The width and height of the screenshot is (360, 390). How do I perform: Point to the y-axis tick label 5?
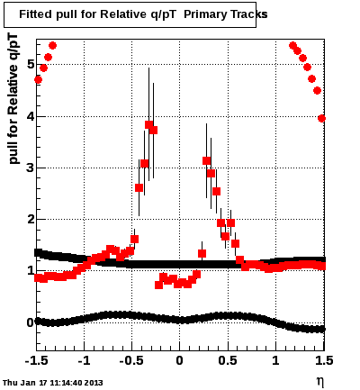(x=30, y=65)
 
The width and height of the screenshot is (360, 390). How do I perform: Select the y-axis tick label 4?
(x=30, y=116)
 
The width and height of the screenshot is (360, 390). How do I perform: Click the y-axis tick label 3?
(x=30, y=168)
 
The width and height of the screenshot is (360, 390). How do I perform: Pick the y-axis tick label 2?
(x=30, y=220)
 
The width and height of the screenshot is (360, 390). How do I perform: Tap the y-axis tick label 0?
(x=30, y=322)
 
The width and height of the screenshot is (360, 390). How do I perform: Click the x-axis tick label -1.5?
(x=36, y=360)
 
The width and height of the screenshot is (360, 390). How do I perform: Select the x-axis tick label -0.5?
(x=131, y=360)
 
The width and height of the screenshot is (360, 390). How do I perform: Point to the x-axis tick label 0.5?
(x=228, y=360)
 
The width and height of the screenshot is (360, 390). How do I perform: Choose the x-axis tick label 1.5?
(x=324, y=360)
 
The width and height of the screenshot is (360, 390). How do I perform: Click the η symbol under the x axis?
(x=319, y=382)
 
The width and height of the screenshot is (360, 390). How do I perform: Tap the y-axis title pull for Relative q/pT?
(x=13, y=99)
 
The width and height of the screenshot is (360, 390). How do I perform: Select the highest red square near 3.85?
(x=149, y=124)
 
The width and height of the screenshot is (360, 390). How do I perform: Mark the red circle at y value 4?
(x=321, y=119)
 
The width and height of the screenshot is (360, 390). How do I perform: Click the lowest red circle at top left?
(x=38, y=80)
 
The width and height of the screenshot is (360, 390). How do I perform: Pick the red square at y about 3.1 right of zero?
(x=206, y=161)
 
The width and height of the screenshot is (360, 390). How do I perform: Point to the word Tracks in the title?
(x=246, y=14)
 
